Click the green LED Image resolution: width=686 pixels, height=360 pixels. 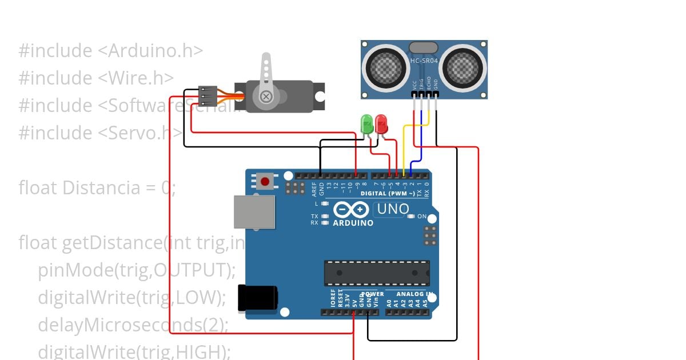tap(366, 123)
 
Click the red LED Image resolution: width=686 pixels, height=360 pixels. tap(381, 123)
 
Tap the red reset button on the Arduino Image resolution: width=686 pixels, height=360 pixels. tap(265, 182)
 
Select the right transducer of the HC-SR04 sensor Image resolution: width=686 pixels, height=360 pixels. tap(463, 67)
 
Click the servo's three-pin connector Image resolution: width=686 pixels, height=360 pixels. tap(208, 96)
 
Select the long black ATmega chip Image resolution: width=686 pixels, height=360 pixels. tap(377, 273)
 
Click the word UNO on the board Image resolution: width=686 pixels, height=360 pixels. tap(392, 209)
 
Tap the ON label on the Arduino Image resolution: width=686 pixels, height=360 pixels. tap(422, 217)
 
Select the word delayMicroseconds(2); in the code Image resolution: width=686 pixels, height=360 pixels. tap(133, 325)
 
